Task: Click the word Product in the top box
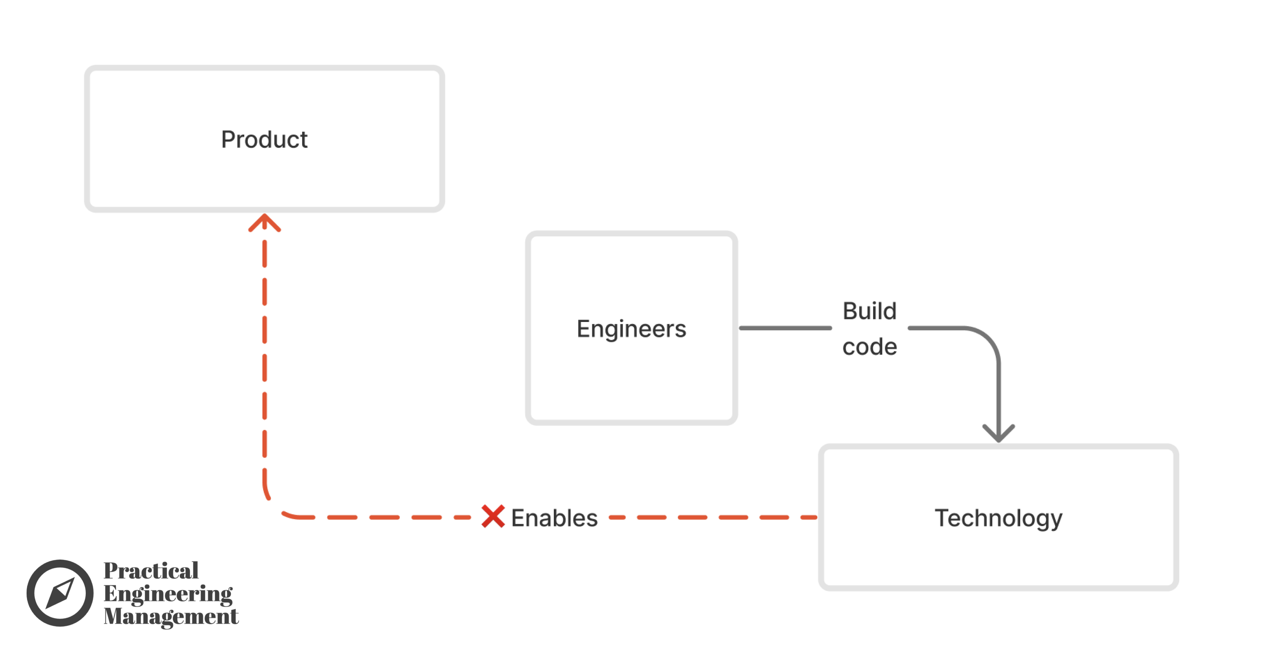point(264,140)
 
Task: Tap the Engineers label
point(631,328)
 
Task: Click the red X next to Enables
point(493,516)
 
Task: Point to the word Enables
point(554,518)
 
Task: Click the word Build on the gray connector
point(869,311)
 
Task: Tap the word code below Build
point(869,347)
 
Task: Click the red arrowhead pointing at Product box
point(265,222)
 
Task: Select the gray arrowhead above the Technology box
point(998,433)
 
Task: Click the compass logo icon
point(60,593)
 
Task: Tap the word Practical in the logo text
point(151,570)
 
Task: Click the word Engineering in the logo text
point(167,593)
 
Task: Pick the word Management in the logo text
point(171,616)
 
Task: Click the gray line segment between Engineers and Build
point(785,328)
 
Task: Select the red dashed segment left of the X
point(384,517)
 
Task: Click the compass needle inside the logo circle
point(60,593)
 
